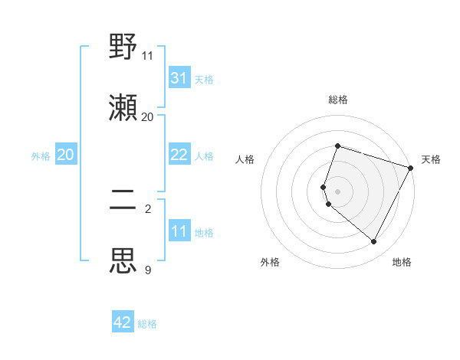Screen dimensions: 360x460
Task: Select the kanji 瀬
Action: click(123, 106)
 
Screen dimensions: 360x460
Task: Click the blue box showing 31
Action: click(179, 78)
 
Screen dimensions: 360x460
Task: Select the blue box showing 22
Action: click(179, 155)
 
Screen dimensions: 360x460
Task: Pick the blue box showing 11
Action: click(179, 231)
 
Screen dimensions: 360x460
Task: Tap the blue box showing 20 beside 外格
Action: click(66, 155)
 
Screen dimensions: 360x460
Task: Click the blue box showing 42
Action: click(123, 322)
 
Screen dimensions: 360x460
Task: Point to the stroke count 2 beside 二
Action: click(148, 208)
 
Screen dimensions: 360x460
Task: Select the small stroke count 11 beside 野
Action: click(148, 55)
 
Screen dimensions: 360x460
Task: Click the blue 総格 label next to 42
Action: click(147, 324)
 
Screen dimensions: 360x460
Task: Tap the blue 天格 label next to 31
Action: click(204, 80)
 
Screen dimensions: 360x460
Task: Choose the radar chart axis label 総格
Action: click(337, 100)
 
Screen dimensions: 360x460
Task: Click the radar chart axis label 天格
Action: click(431, 159)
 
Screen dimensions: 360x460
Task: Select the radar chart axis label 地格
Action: click(402, 262)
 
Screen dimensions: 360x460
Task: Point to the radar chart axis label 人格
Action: click(245, 159)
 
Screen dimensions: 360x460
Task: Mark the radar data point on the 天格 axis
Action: click(412, 168)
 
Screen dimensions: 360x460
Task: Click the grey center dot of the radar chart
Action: click(337, 191)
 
